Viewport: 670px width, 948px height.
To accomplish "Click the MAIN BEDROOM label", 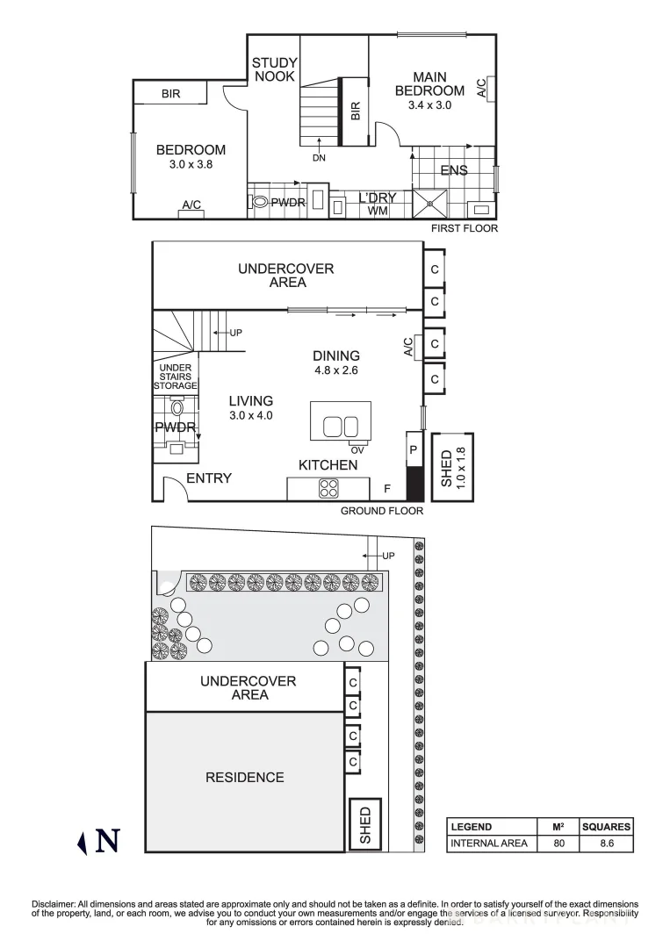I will [429, 84].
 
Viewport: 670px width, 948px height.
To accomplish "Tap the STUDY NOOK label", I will [274, 69].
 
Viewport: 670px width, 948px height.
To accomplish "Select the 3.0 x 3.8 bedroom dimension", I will [191, 164].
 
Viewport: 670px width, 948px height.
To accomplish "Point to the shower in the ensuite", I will [430, 203].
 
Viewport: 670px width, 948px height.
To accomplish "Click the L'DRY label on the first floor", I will [378, 198].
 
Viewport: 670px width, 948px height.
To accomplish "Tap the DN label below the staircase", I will [318, 159].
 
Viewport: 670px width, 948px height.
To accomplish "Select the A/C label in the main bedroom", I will [481, 88].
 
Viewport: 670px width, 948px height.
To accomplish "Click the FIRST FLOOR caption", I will [464, 228].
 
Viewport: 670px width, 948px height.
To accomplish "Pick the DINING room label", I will [336, 355].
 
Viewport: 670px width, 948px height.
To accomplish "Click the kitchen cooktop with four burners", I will [328, 488].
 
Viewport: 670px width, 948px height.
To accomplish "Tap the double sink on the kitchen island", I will [341, 427].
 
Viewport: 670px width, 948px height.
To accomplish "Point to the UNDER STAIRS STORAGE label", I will [176, 377].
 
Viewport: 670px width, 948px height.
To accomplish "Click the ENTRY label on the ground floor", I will [209, 478].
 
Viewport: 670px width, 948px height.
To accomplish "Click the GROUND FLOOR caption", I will [382, 511].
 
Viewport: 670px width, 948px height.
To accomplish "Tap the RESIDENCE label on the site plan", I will [244, 777].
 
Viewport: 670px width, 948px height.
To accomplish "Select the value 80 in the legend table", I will [559, 844].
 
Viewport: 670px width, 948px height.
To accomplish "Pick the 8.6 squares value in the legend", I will [606, 844].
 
